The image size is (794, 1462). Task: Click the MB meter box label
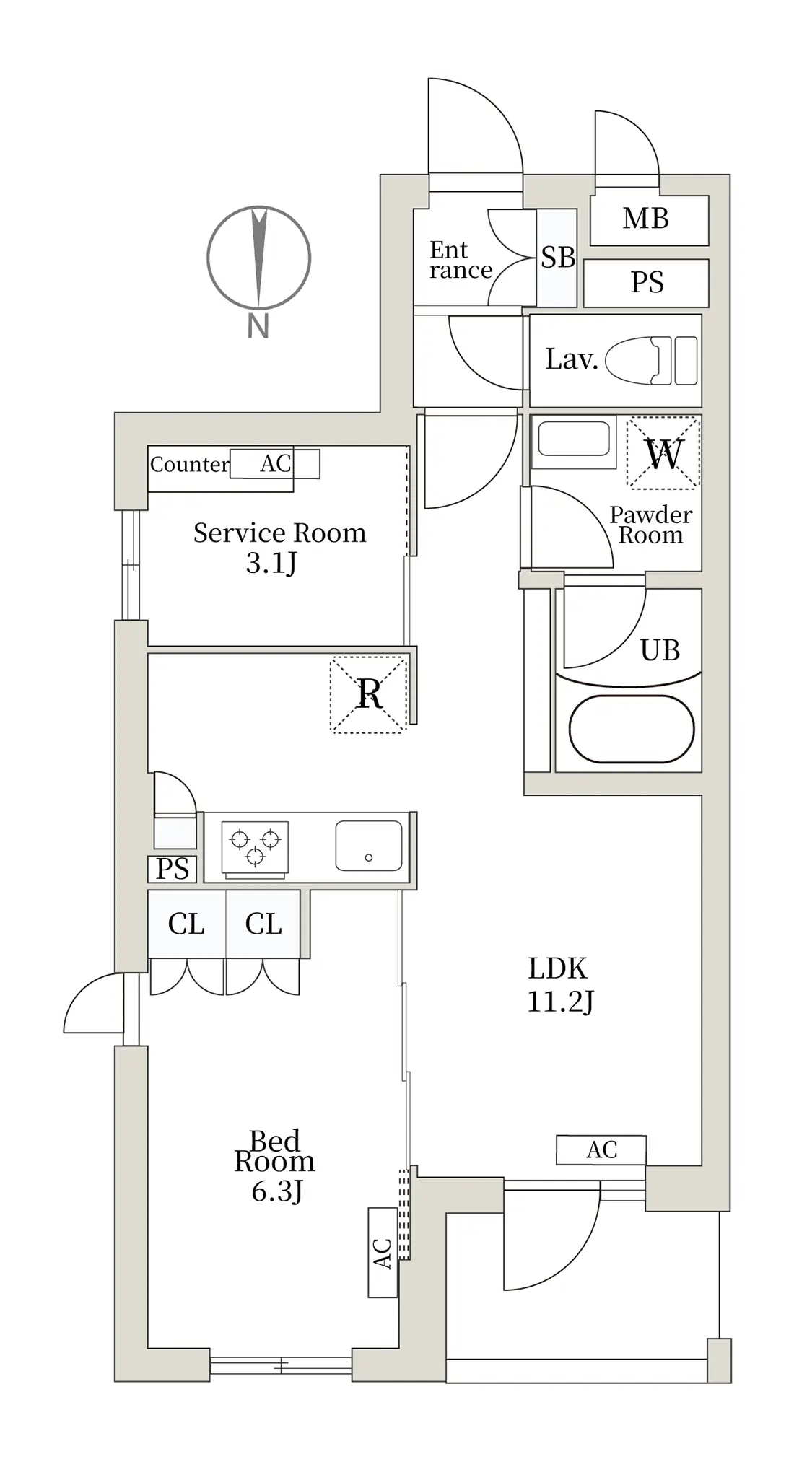point(645,218)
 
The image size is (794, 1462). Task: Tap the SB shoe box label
point(558,257)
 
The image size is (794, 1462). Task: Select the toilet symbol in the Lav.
point(651,360)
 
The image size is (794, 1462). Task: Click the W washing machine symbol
point(663,453)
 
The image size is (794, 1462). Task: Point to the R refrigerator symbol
point(369,693)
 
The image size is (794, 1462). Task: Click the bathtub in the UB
point(632,729)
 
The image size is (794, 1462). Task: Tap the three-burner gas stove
point(255,848)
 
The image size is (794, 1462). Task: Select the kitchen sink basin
point(368,845)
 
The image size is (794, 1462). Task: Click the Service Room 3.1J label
point(279,548)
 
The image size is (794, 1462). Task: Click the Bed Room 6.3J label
point(275,1166)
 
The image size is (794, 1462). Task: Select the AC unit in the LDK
point(601,1150)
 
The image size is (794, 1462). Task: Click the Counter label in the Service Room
point(189,464)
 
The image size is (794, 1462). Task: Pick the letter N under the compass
point(258,326)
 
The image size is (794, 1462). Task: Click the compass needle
point(258,258)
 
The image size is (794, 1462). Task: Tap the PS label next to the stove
point(173,869)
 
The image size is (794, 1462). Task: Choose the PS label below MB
point(647,282)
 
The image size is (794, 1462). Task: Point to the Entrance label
point(460,260)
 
